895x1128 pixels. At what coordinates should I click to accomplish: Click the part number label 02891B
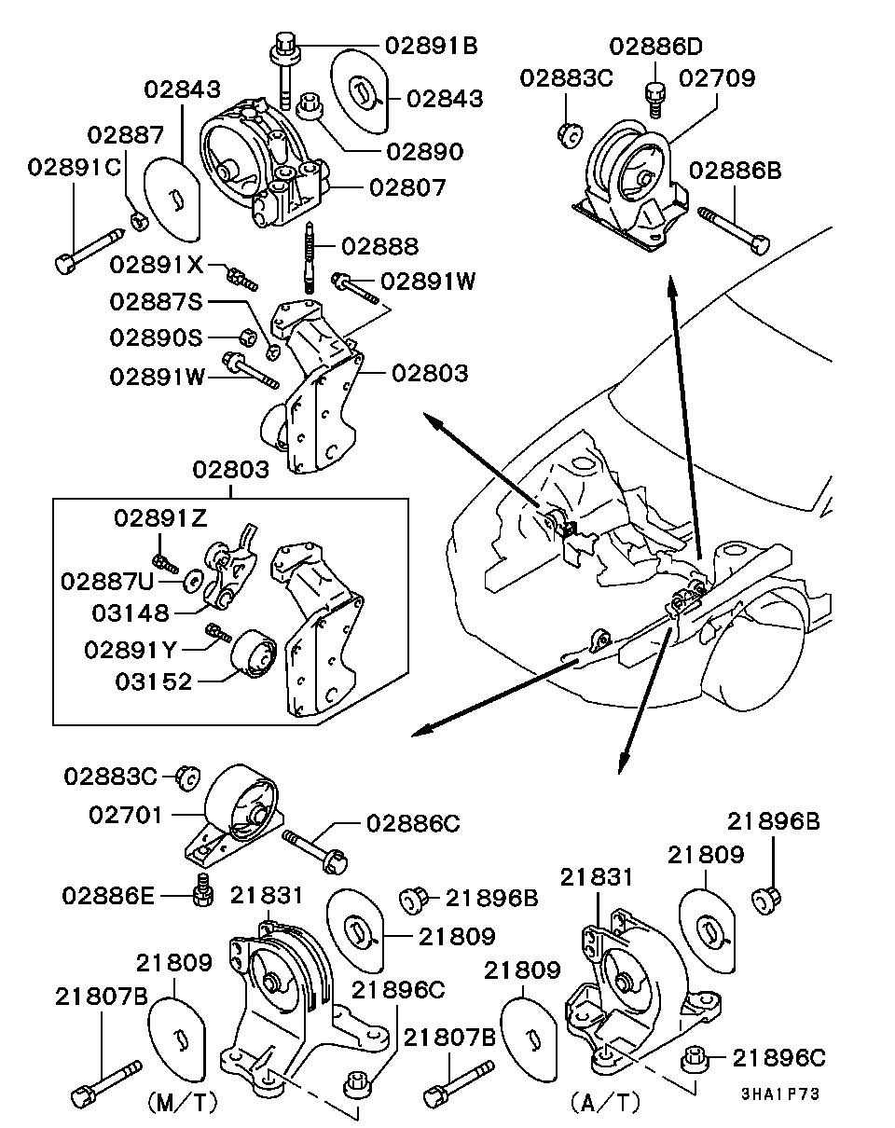tap(431, 44)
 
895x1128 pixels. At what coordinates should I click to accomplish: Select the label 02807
tap(407, 187)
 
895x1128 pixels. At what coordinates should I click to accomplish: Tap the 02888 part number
tap(379, 247)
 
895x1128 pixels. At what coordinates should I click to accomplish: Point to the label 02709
tap(716, 78)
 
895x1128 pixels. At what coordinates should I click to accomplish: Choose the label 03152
tap(154, 681)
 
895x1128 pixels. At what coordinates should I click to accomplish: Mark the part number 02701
tap(127, 815)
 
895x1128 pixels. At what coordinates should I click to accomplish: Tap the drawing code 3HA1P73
tap(780, 1094)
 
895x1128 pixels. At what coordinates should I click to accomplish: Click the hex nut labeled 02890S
tap(248, 336)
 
